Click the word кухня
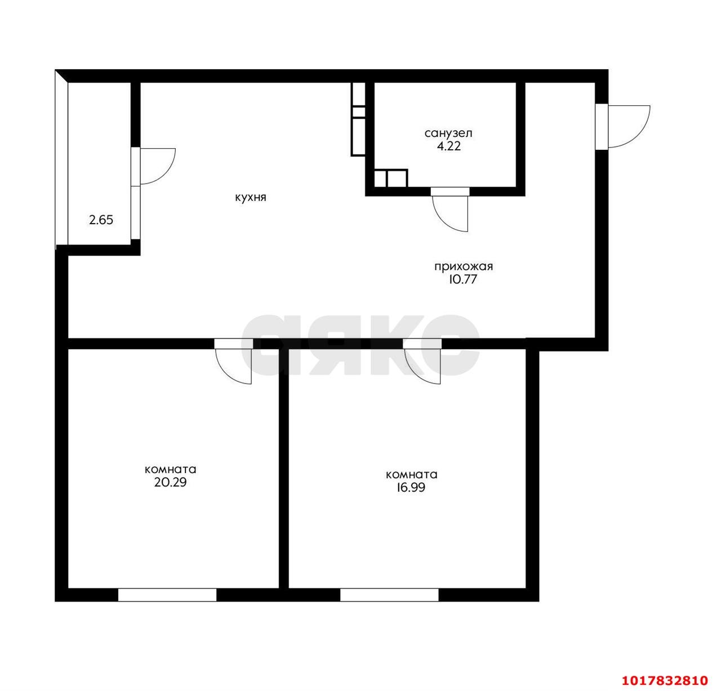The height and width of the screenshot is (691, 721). coord(251,198)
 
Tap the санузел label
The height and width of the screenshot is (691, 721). coord(449,133)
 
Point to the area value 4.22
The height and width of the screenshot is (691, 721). coord(449,146)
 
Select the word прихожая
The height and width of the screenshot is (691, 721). coord(464,267)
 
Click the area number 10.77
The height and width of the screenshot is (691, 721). coord(463,279)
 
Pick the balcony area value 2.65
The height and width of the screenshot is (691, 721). coord(101,220)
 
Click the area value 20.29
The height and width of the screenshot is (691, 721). coord(170,483)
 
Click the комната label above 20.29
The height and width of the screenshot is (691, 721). coord(171,470)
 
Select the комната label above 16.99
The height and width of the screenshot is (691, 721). coord(412,475)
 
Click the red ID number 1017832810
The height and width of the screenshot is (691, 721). coord(665,680)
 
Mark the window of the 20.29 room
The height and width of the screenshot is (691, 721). coord(167,595)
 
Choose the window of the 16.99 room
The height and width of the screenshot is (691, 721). coord(389,595)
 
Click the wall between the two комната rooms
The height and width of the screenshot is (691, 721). coord(284,469)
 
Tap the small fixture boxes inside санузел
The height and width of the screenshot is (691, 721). coord(391,178)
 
